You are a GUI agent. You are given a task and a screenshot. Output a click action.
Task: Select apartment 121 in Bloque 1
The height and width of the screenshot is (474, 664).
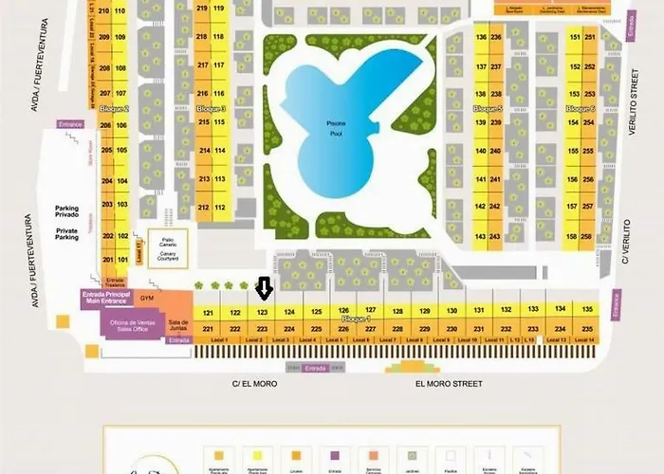coord(208,312)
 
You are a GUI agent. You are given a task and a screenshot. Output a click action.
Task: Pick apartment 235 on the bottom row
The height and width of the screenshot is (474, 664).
coord(587,329)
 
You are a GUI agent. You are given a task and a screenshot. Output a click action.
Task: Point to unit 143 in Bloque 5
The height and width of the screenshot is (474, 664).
coord(481,236)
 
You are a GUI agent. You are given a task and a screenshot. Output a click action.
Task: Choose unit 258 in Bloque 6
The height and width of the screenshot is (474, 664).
coord(588,236)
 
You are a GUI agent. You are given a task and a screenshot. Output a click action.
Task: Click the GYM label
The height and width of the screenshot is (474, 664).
coord(147,298)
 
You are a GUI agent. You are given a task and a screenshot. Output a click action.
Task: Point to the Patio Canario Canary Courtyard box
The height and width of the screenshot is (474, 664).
coord(169,247)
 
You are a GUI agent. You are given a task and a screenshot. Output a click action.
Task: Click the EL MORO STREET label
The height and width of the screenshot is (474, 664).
coord(449,384)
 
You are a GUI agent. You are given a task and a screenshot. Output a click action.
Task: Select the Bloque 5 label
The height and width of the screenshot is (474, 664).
coord(488,109)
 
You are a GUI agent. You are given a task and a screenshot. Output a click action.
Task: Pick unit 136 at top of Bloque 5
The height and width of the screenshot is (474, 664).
coord(481,36)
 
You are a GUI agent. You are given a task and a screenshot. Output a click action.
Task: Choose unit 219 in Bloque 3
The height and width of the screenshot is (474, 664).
coord(201,9)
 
